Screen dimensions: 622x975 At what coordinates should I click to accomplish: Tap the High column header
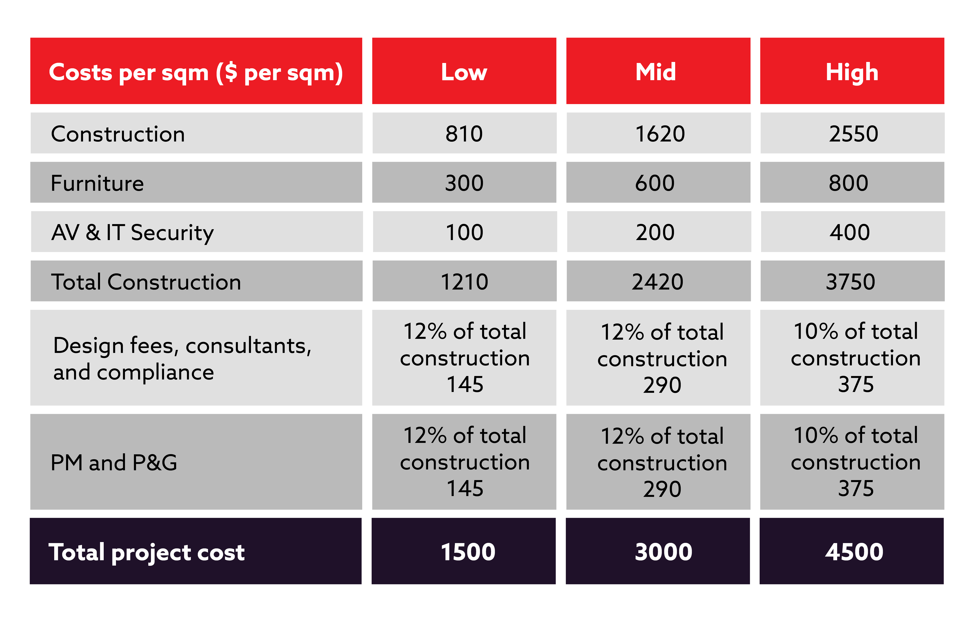[x=852, y=73]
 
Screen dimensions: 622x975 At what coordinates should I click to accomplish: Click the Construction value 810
[x=464, y=134]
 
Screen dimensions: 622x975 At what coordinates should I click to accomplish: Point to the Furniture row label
[x=97, y=183]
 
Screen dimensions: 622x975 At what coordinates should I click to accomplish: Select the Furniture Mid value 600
[x=655, y=183]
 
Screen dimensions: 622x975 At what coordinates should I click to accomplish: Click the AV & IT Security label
[x=132, y=233]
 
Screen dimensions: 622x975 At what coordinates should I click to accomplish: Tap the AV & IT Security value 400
[x=849, y=233]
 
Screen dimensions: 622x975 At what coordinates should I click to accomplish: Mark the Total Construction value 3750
[x=850, y=282]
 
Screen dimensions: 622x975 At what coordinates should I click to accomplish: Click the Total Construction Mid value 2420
[x=658, y=282]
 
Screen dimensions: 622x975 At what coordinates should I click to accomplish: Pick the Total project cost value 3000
[x=663, y=552]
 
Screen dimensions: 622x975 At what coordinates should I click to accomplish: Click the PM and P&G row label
[x=114, y=463]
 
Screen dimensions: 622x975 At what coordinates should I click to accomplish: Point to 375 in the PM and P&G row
[x=856, y=488]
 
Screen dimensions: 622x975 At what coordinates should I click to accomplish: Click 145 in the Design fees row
[x=465, y=384]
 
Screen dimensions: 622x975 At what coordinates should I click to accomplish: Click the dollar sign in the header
[x=231, y=73]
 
